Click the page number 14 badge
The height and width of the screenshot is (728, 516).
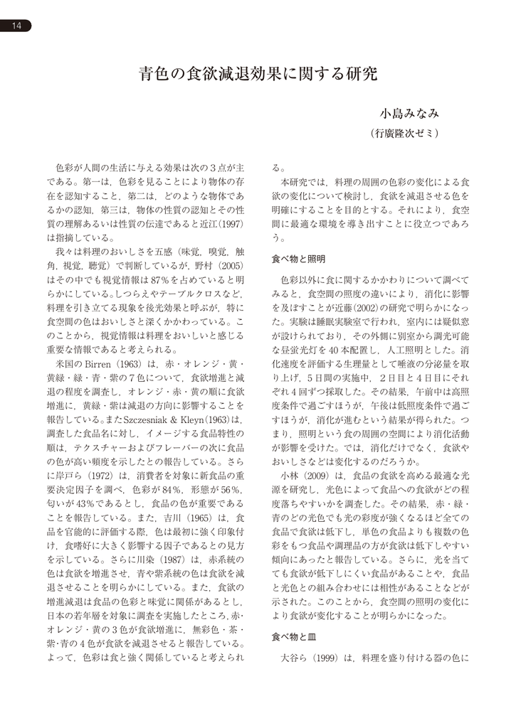(16, 26)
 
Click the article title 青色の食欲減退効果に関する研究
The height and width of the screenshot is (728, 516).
(258, 74)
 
